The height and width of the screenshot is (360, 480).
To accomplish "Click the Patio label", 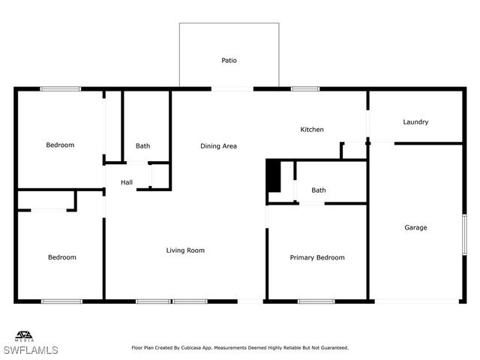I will [x=229, y=61].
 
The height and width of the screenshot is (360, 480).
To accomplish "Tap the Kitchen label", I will [x=312, y=130].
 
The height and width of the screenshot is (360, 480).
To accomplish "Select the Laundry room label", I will [x=415, y=122].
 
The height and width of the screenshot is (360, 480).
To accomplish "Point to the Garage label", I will [x=415, y=228].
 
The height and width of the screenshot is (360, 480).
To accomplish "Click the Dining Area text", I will [x=218, y=146].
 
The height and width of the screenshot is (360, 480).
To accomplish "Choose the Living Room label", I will [x=185, y=250].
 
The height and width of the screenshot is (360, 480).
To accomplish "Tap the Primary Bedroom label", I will [x=317, y=258].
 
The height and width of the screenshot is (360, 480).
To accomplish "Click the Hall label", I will [x=127, y=182].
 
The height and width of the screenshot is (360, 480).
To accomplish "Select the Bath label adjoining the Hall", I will [x=142, y=146].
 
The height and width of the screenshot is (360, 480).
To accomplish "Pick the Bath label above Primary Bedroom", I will [x=319, y=190].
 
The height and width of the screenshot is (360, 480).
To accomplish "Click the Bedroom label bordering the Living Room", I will [x=62, y=258].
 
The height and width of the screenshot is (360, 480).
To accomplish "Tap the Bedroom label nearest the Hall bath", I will [x=60, y=145].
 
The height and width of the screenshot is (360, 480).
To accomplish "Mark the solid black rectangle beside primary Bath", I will [x=274, y=176].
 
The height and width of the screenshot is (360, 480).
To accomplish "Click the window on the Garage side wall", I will [x=464, y=233].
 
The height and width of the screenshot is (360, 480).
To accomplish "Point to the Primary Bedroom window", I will [x=316, y=301].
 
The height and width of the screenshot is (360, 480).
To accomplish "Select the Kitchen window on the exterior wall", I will [x=305, y=88].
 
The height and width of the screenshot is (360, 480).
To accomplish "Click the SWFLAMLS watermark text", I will [x=31, y=350].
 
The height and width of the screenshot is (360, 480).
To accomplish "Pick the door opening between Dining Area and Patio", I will [x=232, y=88].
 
